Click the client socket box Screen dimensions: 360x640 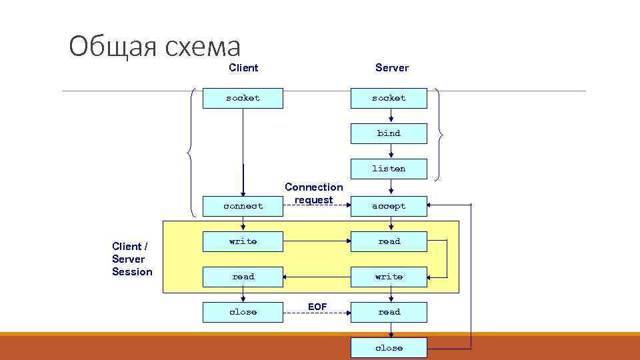pos(243,98)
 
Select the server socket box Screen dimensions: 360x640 pos(389,98)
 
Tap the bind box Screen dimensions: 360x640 pos(389,133)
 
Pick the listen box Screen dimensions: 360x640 pos(389,169)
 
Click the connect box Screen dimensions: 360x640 pos(243,206)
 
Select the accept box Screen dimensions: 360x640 pos(389,206)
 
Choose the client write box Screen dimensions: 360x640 pos(243,241)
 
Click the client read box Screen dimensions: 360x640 pos(243,277)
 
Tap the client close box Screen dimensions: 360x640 pos(243,312)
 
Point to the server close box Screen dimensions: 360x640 pos(389,347)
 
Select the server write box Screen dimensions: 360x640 pos(389,277)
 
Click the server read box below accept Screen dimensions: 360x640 pos(389,241)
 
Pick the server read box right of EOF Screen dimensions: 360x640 pos(389,312)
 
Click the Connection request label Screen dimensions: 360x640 pos(313,193)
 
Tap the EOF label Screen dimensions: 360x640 pos(317,306)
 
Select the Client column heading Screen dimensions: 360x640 pos(243,67)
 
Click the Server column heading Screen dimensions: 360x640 pos(392,67)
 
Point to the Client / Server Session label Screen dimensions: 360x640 pos(132,259)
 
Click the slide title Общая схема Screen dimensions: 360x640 pos(155,47)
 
